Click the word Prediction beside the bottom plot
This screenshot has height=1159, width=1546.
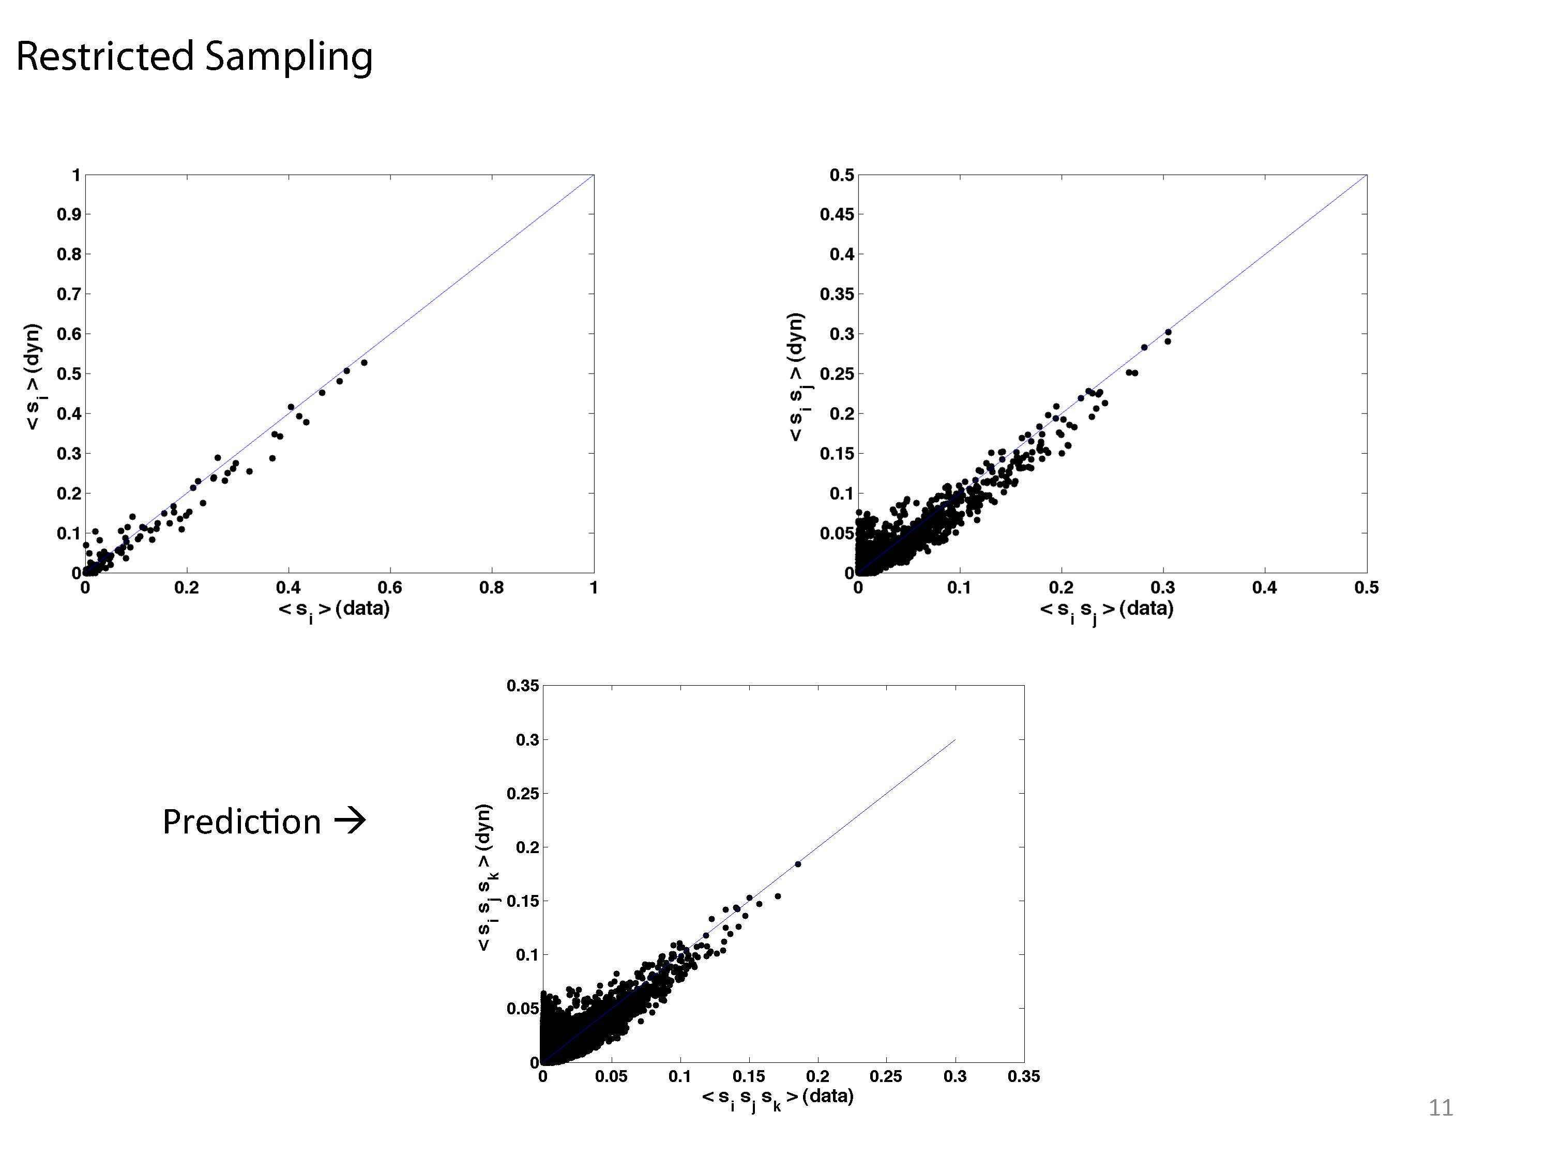coord(241,822)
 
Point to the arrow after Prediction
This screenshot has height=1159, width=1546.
coord(350,820)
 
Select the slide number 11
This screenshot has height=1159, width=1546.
coord(1441,1108)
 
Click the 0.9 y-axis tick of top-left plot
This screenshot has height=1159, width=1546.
coord(68,214)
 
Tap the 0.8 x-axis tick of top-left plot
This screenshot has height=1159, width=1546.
coord(491,588)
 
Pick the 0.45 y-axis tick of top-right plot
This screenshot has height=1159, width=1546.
coord(837,214)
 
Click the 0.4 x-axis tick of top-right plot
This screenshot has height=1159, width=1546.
coord(1264,588)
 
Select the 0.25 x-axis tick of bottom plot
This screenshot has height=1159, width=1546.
coord(886,1076)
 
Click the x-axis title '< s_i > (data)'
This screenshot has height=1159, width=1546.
coord(334,609)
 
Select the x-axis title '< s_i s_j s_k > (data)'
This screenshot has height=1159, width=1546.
coord(777,1098)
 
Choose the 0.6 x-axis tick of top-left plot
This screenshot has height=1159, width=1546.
coord(390,588)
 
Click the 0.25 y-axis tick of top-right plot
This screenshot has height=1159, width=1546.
coord(837,374)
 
